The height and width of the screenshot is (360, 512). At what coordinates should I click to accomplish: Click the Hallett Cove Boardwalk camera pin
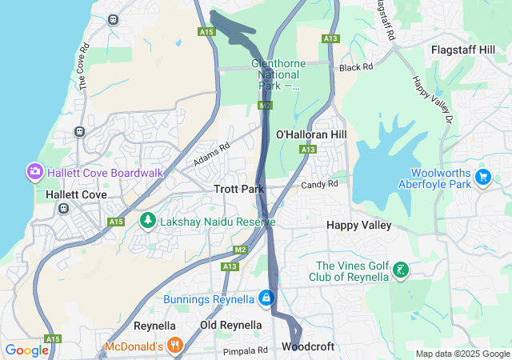click(34, 171)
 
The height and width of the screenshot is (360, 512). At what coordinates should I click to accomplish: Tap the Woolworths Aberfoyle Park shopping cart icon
click(482, 177)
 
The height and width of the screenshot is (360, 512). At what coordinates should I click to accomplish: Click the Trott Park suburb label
click(239, 189)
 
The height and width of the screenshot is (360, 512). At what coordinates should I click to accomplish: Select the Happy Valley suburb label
click(359, 226)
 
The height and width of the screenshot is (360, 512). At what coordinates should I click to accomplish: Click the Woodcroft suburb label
click(308, 347)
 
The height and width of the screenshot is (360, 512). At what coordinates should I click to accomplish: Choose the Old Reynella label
click(230, 325)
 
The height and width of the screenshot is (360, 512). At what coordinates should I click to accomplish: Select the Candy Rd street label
click(319, 184)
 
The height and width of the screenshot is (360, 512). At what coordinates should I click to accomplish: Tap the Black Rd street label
click(356, 68)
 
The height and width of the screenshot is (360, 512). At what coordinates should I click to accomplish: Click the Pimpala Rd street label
click(246, 350)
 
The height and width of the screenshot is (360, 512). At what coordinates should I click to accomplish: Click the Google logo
click(26, 350)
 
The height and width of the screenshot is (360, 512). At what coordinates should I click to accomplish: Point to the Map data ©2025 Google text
click(462, 354)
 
